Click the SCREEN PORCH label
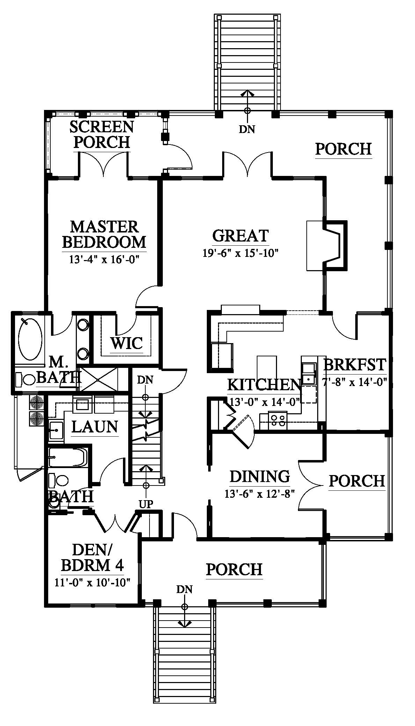pos(102,134)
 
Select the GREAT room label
pos(240,236)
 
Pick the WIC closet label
pos(127,343)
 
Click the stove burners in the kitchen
pos(278,420)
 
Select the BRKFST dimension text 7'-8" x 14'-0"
pos(355,382)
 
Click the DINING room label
pos(260,476)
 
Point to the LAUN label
pos(95,427)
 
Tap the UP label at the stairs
pos(146,504)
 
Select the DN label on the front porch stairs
pos(184,590)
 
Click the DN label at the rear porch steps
pos(247,129)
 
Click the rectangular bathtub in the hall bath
pos(67,457)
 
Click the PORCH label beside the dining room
pos(357,481)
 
